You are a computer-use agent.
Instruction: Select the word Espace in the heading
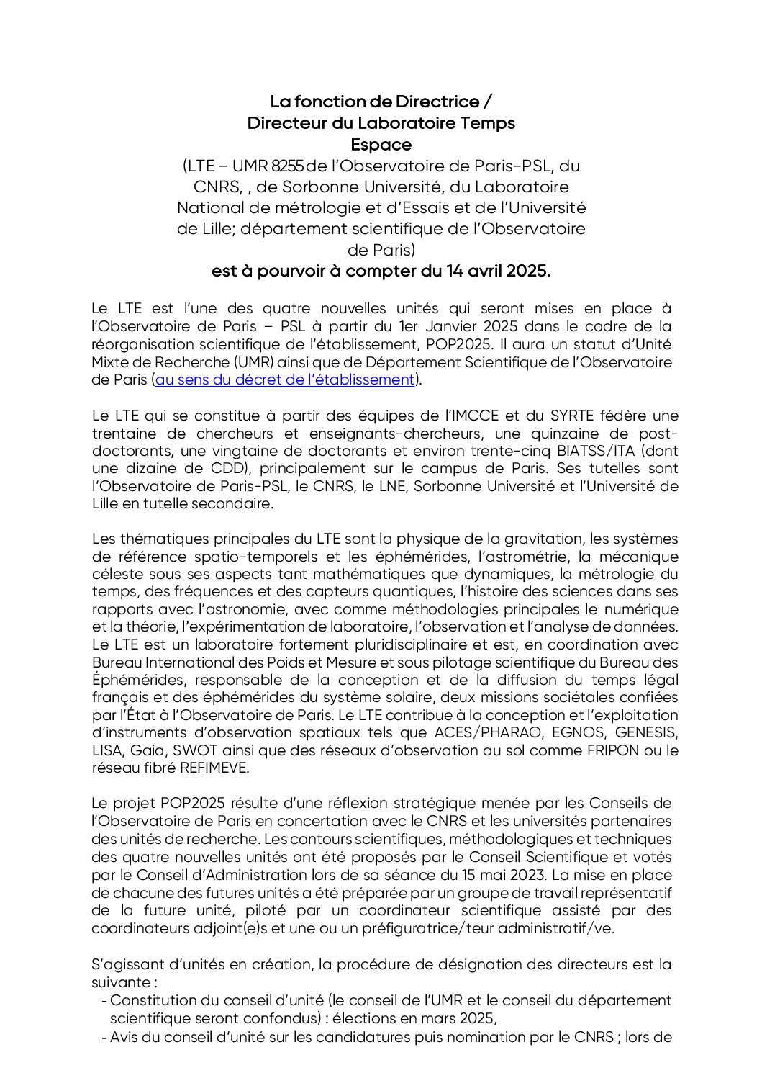[381, 144]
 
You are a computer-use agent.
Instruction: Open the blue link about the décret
[285, 379]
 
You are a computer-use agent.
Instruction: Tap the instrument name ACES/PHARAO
[488, 732]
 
